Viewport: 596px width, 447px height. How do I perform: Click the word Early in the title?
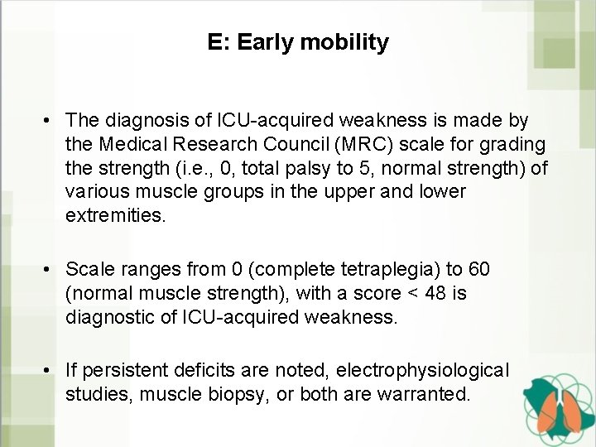(x=263, y=42)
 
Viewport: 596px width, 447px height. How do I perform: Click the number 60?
(x=478, y=270)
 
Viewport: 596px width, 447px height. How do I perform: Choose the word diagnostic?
(x=109, y=317)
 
